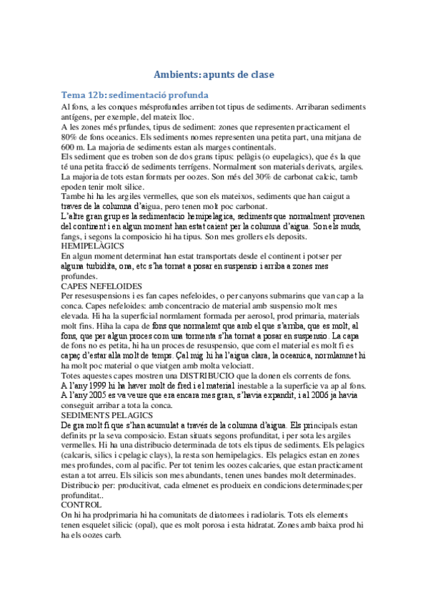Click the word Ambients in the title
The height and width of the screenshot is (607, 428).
coord(177,74)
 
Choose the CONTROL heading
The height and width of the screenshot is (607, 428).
coord(82,504)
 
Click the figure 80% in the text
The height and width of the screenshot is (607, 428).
coord(71,137)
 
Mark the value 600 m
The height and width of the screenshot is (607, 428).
coord(74,147)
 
